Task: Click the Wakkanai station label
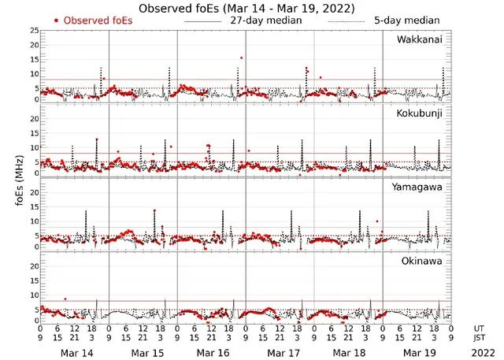[x=420, y=39]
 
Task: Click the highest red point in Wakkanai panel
[x=241, y=58]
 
